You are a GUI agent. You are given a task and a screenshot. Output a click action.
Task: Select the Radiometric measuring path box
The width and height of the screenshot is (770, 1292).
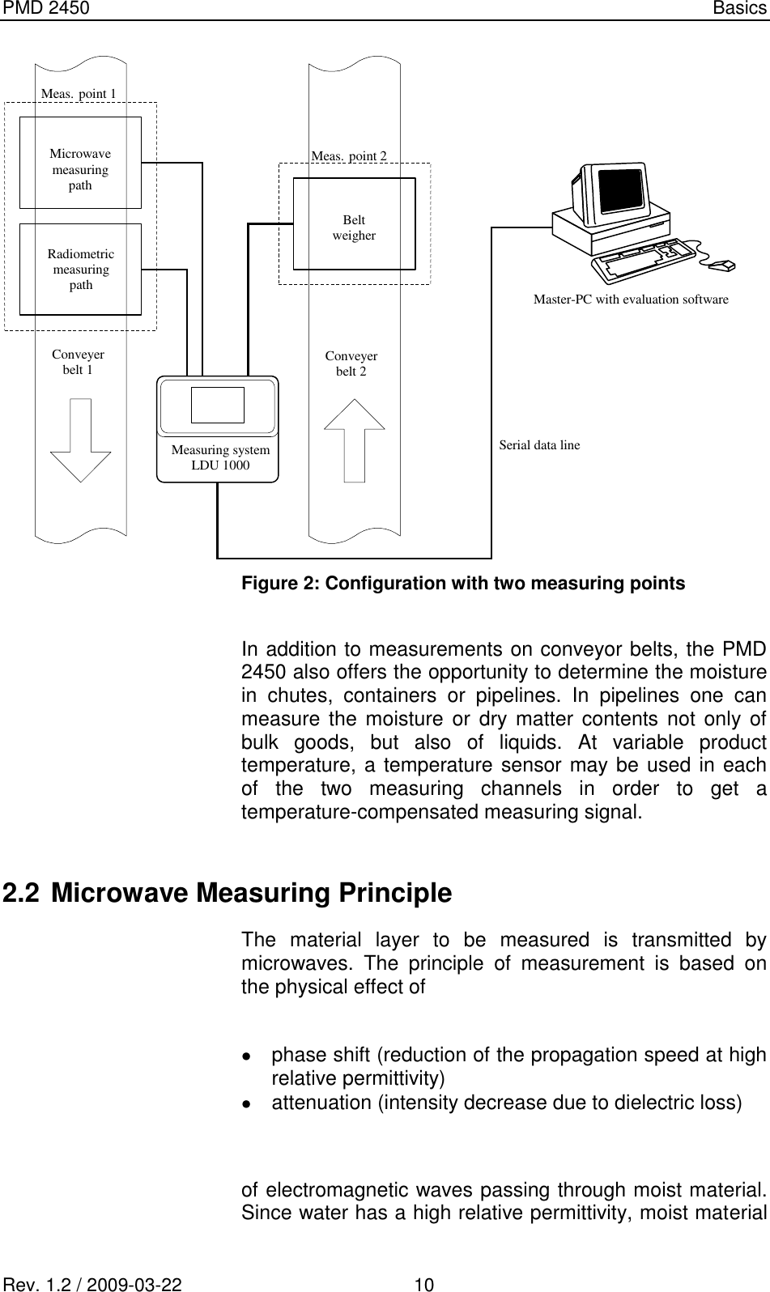pyautogui.click(x=80, y=269)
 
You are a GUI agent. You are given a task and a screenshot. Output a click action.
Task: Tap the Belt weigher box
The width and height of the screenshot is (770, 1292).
pyautogui.click(x=354, y=223)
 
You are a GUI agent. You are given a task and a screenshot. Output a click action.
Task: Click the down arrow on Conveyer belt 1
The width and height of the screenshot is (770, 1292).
pyautogui.click(x=81, y=440)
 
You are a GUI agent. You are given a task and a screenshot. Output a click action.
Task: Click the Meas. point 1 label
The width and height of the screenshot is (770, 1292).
pyautogui.click(x=79, y=93)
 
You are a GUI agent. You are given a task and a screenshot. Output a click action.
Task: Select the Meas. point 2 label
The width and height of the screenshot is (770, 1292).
pyautogui.click(x=349, y=155)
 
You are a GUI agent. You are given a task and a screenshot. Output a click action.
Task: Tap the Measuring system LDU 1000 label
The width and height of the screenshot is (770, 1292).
pyautogui.click(x=220, y=457)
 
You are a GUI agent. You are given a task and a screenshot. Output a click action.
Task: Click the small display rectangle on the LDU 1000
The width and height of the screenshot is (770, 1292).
pyautogui.click(x=218, y=405)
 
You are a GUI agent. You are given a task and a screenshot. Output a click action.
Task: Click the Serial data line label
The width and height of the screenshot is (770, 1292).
pyautogui.click(x=539, y=444)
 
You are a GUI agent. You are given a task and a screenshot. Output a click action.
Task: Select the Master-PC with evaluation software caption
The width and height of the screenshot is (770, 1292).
pyautogui.click(x=631, y=300)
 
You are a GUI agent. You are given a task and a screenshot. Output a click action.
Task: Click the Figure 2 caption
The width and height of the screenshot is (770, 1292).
pyautogui.click(x=462, y=583)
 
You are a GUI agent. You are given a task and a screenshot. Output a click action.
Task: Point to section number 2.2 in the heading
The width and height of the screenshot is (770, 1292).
pyautogui.click(x=19, y=894)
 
